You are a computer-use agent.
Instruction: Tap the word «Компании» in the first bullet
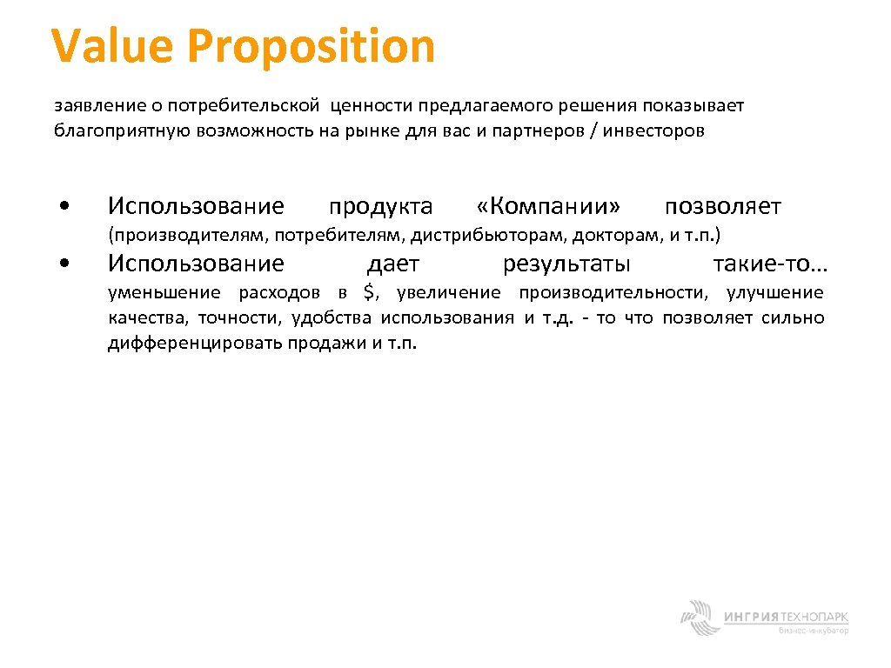(549, 207)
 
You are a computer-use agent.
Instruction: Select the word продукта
(380, 208)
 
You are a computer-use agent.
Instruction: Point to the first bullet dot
(65, 208)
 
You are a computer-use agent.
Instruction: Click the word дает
(393, 264)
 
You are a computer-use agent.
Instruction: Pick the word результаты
(567, 264)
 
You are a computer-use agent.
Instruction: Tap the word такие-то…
(769, 264)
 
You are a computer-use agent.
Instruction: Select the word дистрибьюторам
(507, 236)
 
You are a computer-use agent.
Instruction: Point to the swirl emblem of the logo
(699, 617)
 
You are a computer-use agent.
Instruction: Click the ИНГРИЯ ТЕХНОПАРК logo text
(786, 617)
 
